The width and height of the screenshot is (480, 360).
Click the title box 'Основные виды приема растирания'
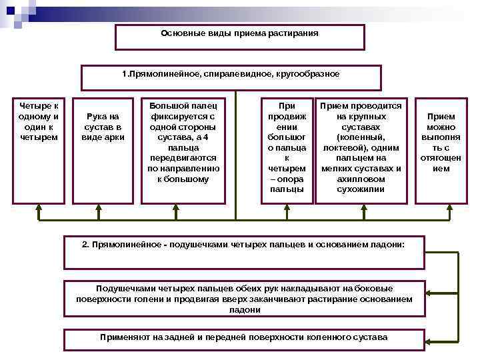tap(240, 37)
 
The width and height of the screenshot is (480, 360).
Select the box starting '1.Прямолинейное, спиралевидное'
tap(231, 77)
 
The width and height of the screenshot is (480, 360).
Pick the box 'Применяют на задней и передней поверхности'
tap(244, 337)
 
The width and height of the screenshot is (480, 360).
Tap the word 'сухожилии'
tap(361, 189)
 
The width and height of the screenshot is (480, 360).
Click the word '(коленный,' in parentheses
tap(361, 137)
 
